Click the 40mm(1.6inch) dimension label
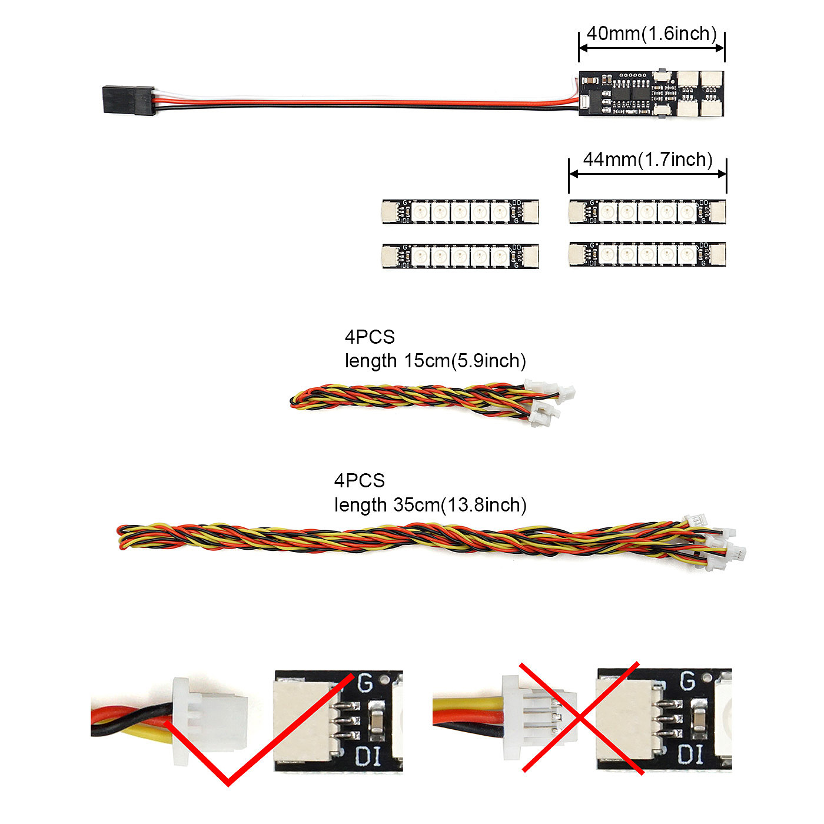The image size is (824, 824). click(652, 34)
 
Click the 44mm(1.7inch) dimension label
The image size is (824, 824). click(647, 160)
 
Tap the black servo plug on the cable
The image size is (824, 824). click(128, 100)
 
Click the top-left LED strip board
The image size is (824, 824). click(460, 212)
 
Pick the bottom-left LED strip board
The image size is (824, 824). click(460, 256)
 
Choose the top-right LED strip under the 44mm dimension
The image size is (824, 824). click(647, 212)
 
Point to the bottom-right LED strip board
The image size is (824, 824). click(647, 254)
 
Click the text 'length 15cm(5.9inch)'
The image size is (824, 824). click(435, 361)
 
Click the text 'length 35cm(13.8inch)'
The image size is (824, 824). click(430, 505)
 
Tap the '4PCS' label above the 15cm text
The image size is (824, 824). click(370, 337)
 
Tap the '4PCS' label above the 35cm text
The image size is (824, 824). click(359, 481)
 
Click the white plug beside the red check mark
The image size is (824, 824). click(209, 721)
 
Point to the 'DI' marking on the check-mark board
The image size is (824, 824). click(368, 756)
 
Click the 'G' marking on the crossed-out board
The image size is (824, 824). click(687, 681)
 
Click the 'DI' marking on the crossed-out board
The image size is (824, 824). click(690, 755)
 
